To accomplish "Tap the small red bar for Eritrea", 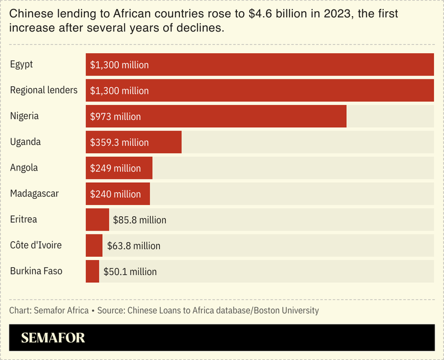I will point(97,219).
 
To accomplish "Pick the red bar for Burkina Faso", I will point(92,271).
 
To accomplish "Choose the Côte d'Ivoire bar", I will point(94,246).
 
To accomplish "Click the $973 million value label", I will point(115,117).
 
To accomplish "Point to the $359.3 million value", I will point(119,143).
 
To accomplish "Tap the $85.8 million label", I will point(139,220).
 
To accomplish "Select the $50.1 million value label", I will point(130,272).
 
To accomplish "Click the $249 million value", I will point(115,168).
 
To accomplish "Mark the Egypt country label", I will point(22,64).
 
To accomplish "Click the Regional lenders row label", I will point(44,90).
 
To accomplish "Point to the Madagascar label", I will point(34,193).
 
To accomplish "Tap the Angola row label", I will point(24,168).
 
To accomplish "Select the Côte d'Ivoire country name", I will point(36,245).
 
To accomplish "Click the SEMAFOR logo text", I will point(53,338).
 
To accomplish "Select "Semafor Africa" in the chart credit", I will point(61,310).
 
